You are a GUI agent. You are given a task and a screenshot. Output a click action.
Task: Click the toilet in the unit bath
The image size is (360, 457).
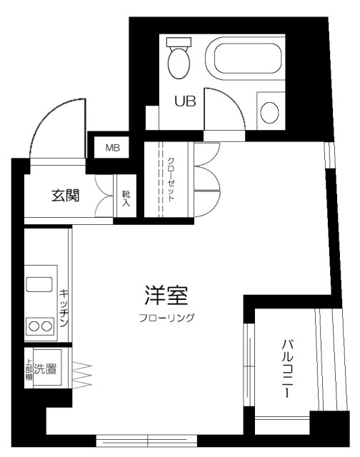tap(179, 58)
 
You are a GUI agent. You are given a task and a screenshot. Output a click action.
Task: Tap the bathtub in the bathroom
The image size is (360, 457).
tap(245, 58)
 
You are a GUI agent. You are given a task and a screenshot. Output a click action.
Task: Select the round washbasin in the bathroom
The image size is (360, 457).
tap(269, 113)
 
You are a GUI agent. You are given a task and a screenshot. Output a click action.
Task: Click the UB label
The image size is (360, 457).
tap(185, 101)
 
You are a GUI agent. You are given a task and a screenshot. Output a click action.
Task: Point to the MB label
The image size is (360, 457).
tap(113, 148)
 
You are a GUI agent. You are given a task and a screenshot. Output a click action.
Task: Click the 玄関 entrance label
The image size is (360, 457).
tap(65, 196)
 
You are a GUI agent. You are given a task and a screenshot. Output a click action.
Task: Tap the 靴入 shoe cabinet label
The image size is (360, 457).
tap(126, 199)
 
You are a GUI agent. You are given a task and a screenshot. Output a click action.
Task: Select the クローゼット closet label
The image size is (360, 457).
tap(171, 179)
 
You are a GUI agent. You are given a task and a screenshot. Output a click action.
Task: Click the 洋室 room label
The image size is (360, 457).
tap(166, 295)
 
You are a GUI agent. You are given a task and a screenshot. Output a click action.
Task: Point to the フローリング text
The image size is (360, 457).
tap(166, 317)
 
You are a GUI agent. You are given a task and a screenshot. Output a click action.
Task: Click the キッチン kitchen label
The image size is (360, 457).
tap(64, 308)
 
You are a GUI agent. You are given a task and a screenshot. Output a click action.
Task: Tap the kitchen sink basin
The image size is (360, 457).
tap(39, 284)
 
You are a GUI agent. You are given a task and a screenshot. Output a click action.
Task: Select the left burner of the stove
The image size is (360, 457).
tap(34, 326)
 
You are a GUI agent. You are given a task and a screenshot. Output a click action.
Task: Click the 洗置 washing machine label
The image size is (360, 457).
tap(45, 369)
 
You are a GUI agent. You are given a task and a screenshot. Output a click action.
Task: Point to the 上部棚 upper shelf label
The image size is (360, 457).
tap(29, 369)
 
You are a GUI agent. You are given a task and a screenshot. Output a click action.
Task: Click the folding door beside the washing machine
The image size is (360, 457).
tap(82, 374)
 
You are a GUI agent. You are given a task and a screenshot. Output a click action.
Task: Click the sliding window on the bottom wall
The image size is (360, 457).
tap(146, 441)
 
